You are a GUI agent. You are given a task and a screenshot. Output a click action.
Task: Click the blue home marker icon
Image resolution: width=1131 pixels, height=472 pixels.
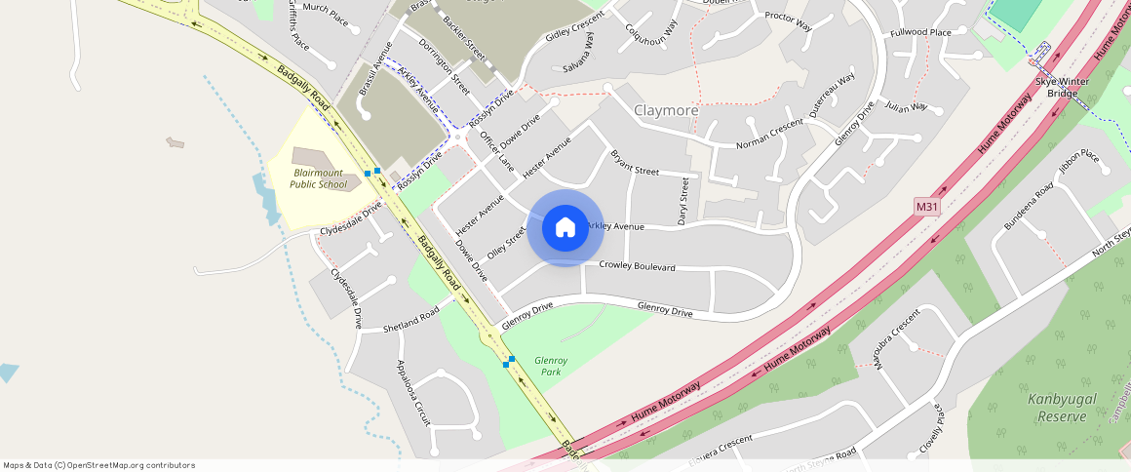(x=565, y=228)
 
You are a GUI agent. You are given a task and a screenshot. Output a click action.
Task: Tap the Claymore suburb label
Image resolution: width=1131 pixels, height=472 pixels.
(x=666, y=110)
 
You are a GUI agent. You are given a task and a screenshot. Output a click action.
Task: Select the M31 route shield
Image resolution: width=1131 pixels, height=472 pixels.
(x=927, y=207)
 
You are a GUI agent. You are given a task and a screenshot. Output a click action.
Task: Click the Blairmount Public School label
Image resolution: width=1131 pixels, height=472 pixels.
(x=320, y=177)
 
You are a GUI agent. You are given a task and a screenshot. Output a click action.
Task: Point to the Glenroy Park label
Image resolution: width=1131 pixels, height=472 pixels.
(x=551, y=366)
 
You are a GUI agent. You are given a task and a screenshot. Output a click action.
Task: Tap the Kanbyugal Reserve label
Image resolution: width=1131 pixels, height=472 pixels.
(x=1057, y=408)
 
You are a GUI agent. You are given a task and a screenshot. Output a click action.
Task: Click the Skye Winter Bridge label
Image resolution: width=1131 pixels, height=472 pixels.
(x=1063, y=87)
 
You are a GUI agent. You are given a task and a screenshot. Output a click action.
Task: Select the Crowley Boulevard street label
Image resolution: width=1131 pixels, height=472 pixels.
(x=637, y=265)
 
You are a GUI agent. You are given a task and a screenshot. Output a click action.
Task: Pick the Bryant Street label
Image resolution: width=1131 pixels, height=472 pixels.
(x=634, y=163)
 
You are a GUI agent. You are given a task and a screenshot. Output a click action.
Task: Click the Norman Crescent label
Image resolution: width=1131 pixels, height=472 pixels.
(x=769, y=136)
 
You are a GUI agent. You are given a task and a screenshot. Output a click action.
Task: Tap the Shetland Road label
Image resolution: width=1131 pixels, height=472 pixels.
(x=410, y=322)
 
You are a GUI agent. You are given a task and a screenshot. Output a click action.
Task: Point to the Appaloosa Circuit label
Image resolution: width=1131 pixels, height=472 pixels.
(x=412, y=392)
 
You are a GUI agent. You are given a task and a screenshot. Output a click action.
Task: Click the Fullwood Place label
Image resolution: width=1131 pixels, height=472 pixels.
(x=920, y=33)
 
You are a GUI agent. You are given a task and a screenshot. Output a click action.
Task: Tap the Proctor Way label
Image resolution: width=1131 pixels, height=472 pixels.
(x=788, y=21)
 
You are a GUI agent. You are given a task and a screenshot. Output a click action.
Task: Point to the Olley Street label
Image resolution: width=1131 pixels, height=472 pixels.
(x=506, y=241)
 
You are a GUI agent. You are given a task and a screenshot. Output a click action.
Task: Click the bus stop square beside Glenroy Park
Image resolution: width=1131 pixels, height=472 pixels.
(x=509, y=361)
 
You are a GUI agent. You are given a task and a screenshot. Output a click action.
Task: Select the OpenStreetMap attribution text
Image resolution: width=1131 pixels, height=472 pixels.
(x=98, y=465)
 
